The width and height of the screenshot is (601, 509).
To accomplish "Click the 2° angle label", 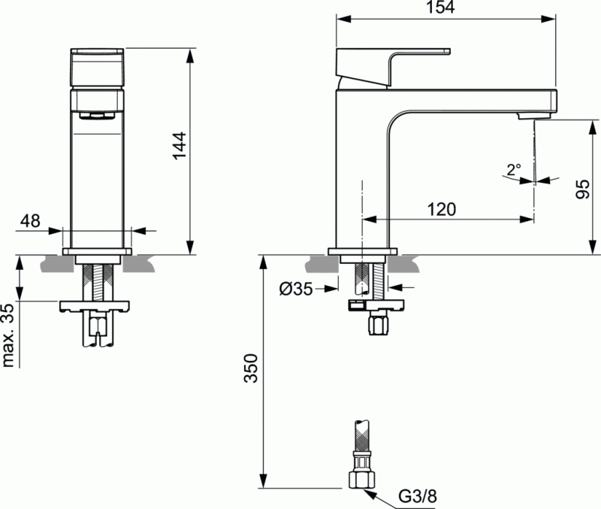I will coord(514,170).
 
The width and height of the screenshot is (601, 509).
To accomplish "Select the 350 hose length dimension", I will coord(253,368).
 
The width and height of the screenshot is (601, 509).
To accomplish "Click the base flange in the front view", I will coord(96,252).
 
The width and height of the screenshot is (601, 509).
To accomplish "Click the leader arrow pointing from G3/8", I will coord(380,492).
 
